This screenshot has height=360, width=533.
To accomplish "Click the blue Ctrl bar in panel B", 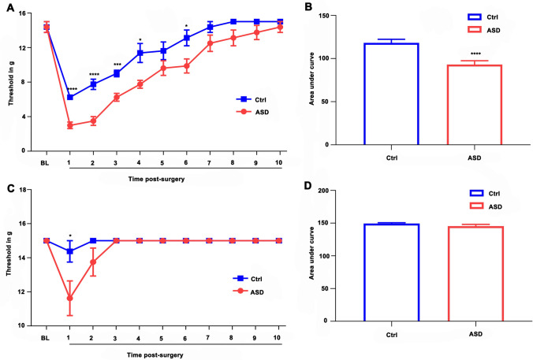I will pyautogui.click(x=389, y=95).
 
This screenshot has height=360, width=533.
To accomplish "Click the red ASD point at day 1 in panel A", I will pyautogui.click(x=69, y=125).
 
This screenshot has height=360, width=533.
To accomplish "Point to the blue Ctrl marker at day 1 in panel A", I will pyautogui.click(x=69, y=97).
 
